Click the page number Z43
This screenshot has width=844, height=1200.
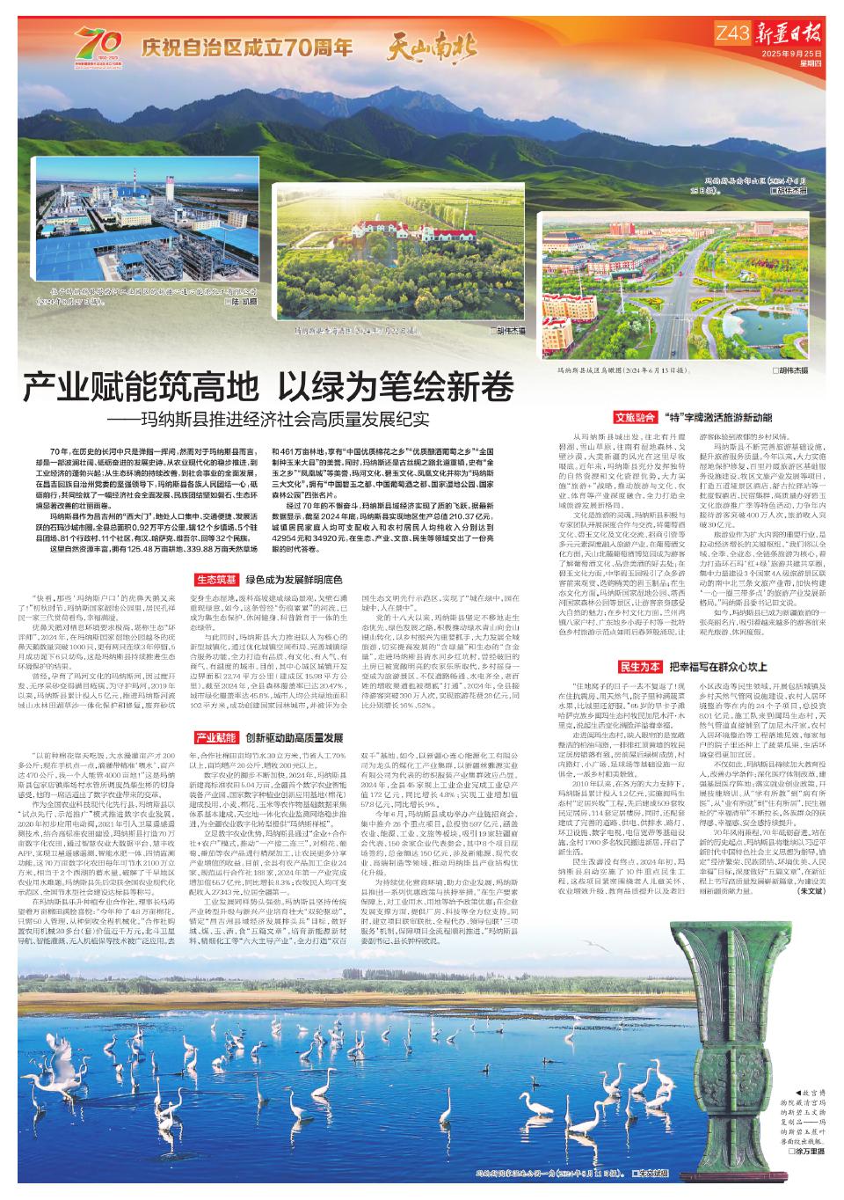[731, 34]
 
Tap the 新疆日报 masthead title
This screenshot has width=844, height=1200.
[790, 36]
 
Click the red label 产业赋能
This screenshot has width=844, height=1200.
[215, 737]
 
